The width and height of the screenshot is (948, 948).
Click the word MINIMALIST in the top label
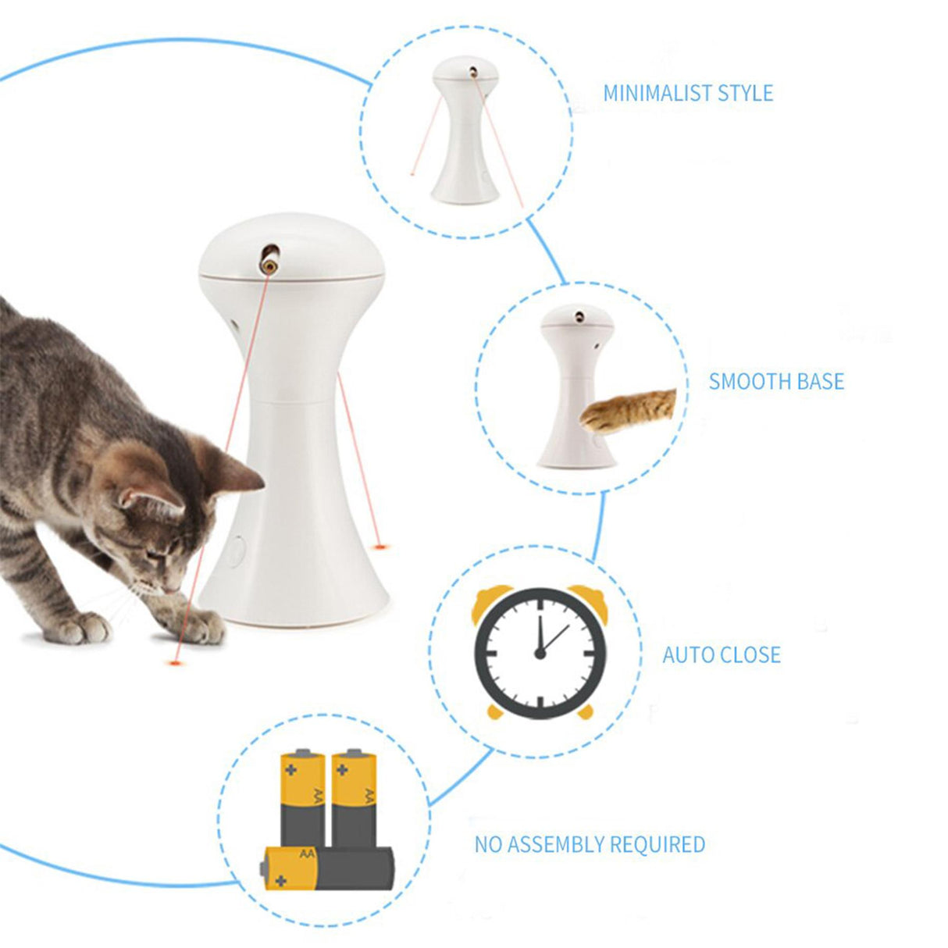coord(658,94)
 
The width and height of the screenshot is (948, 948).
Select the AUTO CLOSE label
coord(721,654)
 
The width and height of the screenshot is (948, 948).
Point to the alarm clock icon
coord(540,652)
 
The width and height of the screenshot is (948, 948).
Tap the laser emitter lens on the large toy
coord(269,264)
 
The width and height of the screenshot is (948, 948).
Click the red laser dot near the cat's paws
coord(173,663)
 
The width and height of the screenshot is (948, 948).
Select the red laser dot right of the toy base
coord(380,546)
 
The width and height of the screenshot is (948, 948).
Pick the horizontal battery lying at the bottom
coord(328,868)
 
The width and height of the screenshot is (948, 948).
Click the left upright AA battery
coord(303,797)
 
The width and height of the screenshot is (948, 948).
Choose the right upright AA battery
coord(354,797)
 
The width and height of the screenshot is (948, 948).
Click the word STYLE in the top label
coord(745,94)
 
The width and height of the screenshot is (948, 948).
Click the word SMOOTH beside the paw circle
coord(743,382)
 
